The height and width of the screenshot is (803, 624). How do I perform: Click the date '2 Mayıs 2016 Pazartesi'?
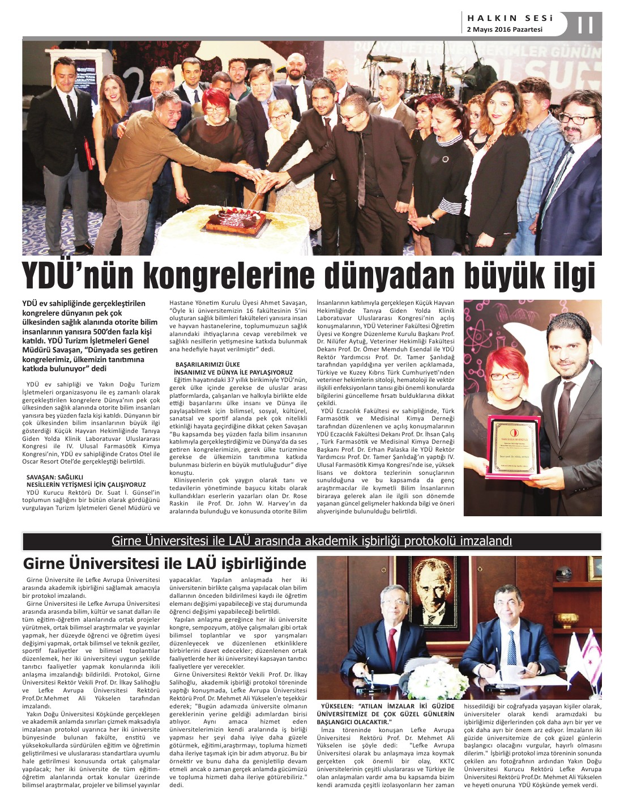click(505, 29)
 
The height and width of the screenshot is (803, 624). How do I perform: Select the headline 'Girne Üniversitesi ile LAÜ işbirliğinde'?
click(164, 564)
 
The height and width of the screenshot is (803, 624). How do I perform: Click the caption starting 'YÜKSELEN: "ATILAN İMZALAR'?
click(387, 714)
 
